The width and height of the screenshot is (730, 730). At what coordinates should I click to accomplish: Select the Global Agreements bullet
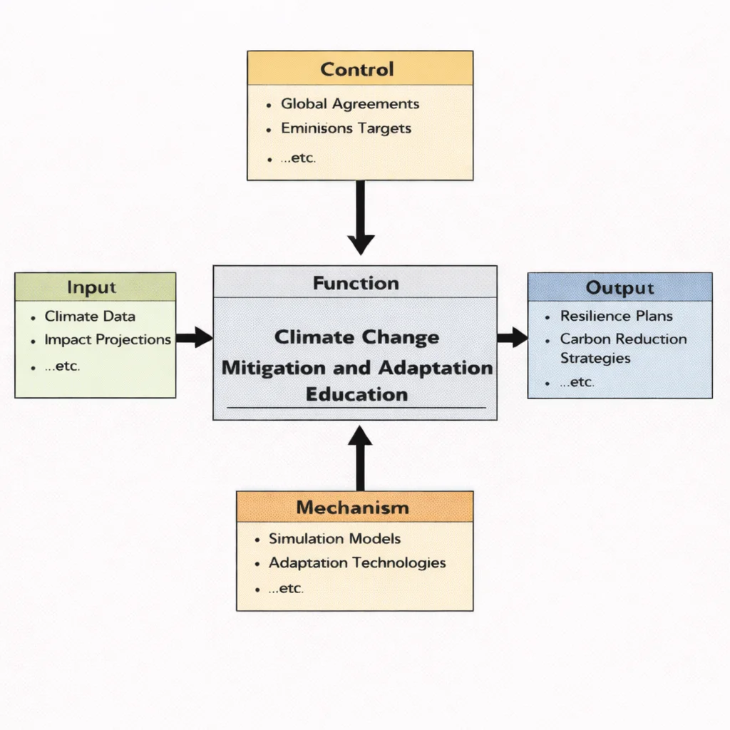349,104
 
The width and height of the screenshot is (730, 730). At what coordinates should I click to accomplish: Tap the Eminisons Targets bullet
346,129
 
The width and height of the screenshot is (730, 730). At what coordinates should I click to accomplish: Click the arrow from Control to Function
361,217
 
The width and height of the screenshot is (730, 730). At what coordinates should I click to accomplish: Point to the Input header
92,287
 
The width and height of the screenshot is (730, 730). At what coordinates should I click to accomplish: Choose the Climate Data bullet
90,317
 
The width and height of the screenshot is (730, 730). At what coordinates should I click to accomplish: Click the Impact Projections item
107,340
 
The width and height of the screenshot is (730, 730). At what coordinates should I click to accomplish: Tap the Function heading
356,283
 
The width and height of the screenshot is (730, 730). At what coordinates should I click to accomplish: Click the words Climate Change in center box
356,337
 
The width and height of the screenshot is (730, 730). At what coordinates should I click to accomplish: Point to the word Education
356,394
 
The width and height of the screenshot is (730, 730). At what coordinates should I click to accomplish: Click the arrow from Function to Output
512,338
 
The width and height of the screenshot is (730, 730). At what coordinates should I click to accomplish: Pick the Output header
620,288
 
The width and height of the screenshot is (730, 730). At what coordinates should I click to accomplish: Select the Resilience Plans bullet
616,316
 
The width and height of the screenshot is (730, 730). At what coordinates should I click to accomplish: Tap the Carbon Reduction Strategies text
622,349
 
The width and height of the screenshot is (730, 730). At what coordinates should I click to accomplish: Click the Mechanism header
353,508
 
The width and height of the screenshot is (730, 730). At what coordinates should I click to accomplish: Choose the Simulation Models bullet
334,539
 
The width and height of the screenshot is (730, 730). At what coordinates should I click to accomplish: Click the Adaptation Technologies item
357,563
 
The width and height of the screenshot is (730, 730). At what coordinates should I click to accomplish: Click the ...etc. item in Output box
577,382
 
